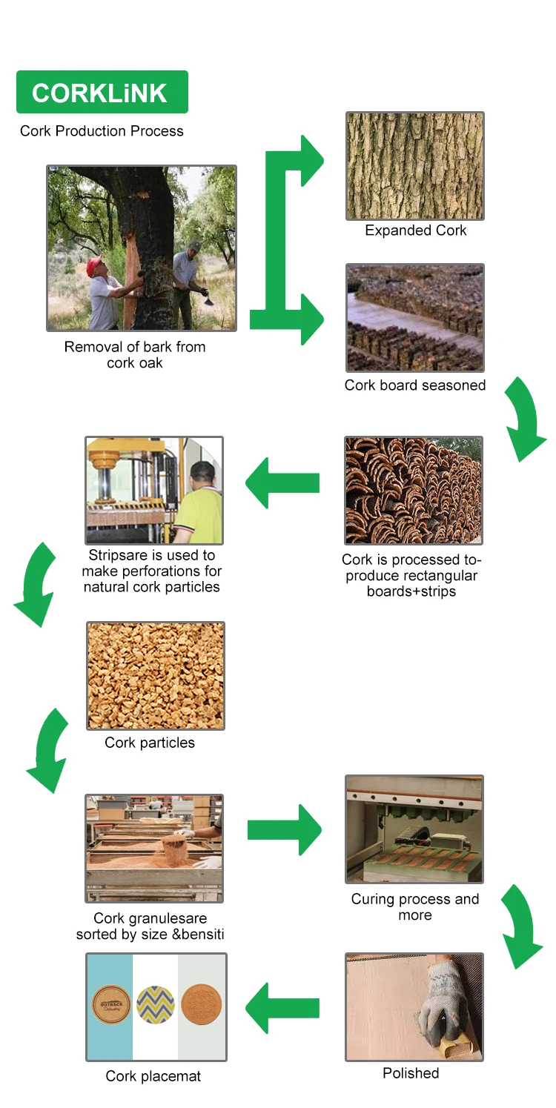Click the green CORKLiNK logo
pos(102,93)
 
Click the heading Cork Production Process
pos(102,131)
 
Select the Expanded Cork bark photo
pos(414,166)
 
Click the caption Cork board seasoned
pos(414,385)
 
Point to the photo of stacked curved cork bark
pos(413,490)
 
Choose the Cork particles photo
pos(155,675)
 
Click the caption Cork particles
pos(150,743)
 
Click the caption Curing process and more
pos(414,907)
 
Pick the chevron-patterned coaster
pos(155,1006)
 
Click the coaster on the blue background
pos(111,1006)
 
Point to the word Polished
pos(411,1073)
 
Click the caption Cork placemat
pos(153,1076)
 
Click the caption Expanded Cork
pos(415,230)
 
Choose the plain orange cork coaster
pos(201,1006)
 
